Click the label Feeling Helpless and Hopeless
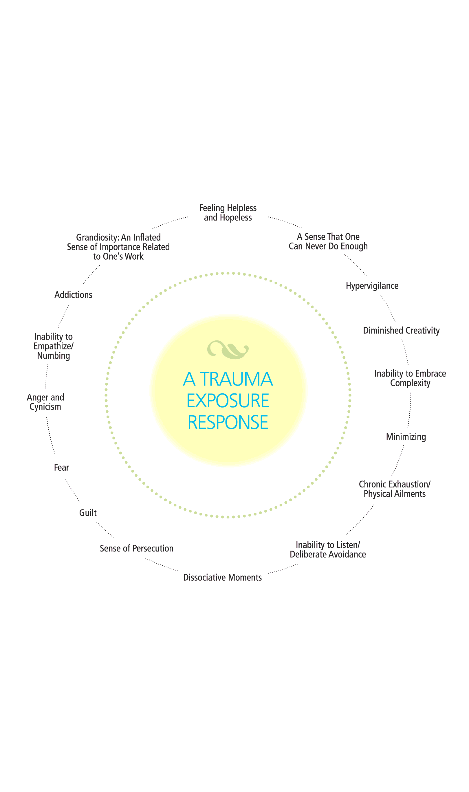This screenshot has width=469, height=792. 228,212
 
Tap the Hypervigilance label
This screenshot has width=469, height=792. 372,286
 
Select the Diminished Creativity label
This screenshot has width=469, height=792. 401,331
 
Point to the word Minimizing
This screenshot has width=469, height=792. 406,437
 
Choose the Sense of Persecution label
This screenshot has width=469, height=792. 137,549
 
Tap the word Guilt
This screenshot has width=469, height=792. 88,513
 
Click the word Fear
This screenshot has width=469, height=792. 61,467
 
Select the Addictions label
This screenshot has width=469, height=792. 73,295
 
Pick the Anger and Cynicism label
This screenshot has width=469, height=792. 45,402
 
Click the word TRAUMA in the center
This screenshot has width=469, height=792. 236,379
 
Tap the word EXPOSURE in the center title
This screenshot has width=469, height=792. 228,401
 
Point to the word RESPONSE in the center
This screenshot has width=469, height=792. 228,422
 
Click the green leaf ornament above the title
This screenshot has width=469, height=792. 228,350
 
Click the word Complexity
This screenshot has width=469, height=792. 410,383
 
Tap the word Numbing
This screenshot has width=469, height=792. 53,356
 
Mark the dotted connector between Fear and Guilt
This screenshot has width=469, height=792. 73,491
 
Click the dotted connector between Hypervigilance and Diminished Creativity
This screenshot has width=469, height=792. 388,307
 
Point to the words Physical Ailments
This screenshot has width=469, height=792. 394,494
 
